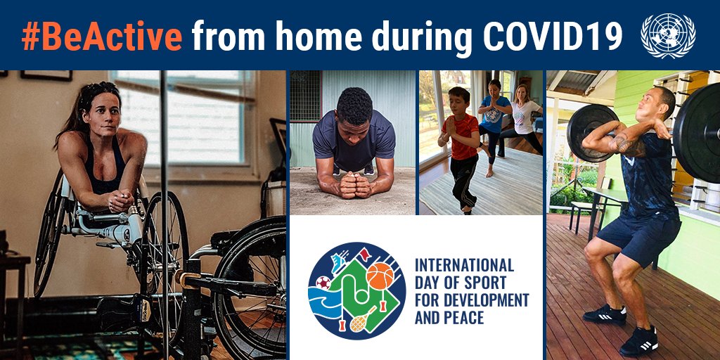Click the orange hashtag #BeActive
[101, 36]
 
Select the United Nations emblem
[668, 36]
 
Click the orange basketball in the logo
[380, 276]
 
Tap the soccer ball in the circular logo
[323, 283]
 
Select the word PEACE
[468, 318]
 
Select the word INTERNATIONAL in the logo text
[464, 265]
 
